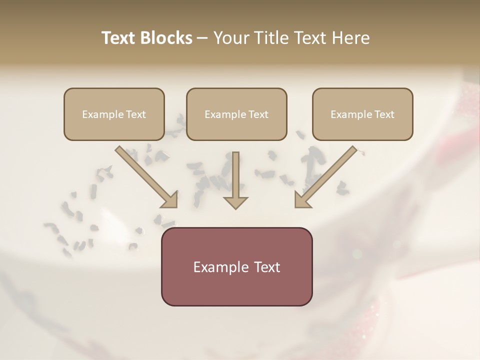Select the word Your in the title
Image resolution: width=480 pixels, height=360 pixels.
coord(231,38)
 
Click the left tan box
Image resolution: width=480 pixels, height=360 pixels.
coord(114,127)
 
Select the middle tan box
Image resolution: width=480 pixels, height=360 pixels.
coord(236,127)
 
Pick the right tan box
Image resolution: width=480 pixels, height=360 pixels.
coord(362,127)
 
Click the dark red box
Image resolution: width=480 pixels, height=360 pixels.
coord(236,287)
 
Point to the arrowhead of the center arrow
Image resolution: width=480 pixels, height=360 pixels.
coord(235,202)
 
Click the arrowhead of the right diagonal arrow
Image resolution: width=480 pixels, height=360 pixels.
coord(302,199)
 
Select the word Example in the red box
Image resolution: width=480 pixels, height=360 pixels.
coord(221,267)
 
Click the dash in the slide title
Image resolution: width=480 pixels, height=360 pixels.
coord(202,38)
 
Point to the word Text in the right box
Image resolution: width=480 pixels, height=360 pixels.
coord(384,114)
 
